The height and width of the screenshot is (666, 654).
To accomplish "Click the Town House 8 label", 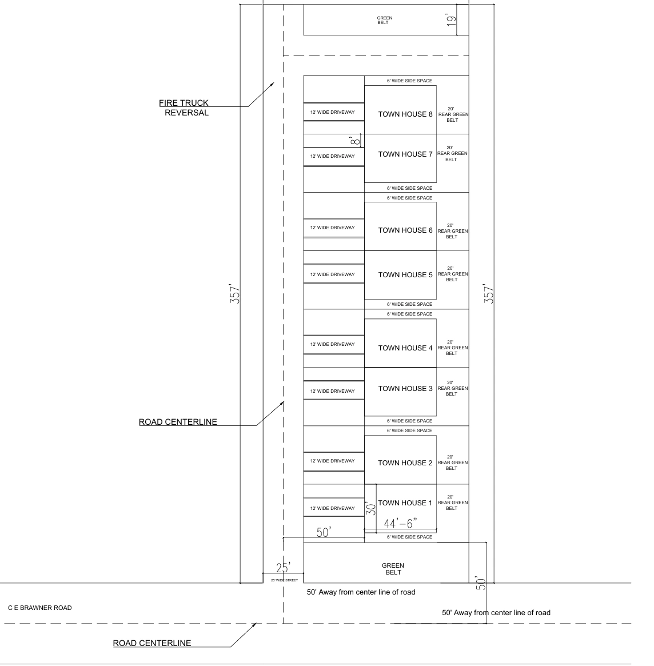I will point(405,114).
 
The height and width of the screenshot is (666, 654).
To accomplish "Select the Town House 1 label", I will point(405,503).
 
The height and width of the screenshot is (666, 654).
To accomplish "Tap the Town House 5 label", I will point(405,275).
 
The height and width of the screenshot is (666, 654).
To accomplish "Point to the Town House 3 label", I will point(405,389).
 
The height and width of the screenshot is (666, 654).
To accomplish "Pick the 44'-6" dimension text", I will point(401,523).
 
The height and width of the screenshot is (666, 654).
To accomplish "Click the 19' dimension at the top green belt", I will point(452,21).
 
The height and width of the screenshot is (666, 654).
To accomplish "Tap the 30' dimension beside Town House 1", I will point(370,508).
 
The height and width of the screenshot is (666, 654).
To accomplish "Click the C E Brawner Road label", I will point(40,608).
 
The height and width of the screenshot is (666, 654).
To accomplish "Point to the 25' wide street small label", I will point(284,580).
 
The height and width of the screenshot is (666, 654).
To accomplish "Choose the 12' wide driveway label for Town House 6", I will point(332,228).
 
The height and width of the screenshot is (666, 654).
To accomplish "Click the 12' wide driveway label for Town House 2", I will point(332,461).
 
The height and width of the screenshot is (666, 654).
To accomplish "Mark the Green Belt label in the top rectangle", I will point(384,20).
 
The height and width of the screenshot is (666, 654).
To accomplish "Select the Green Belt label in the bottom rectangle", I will point(393,569).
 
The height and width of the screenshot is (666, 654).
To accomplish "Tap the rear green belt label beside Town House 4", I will point(452,348).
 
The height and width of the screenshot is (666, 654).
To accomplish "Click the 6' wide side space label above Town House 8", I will point(409,81).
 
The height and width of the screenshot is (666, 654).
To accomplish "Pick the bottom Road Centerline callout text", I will point(152,643).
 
